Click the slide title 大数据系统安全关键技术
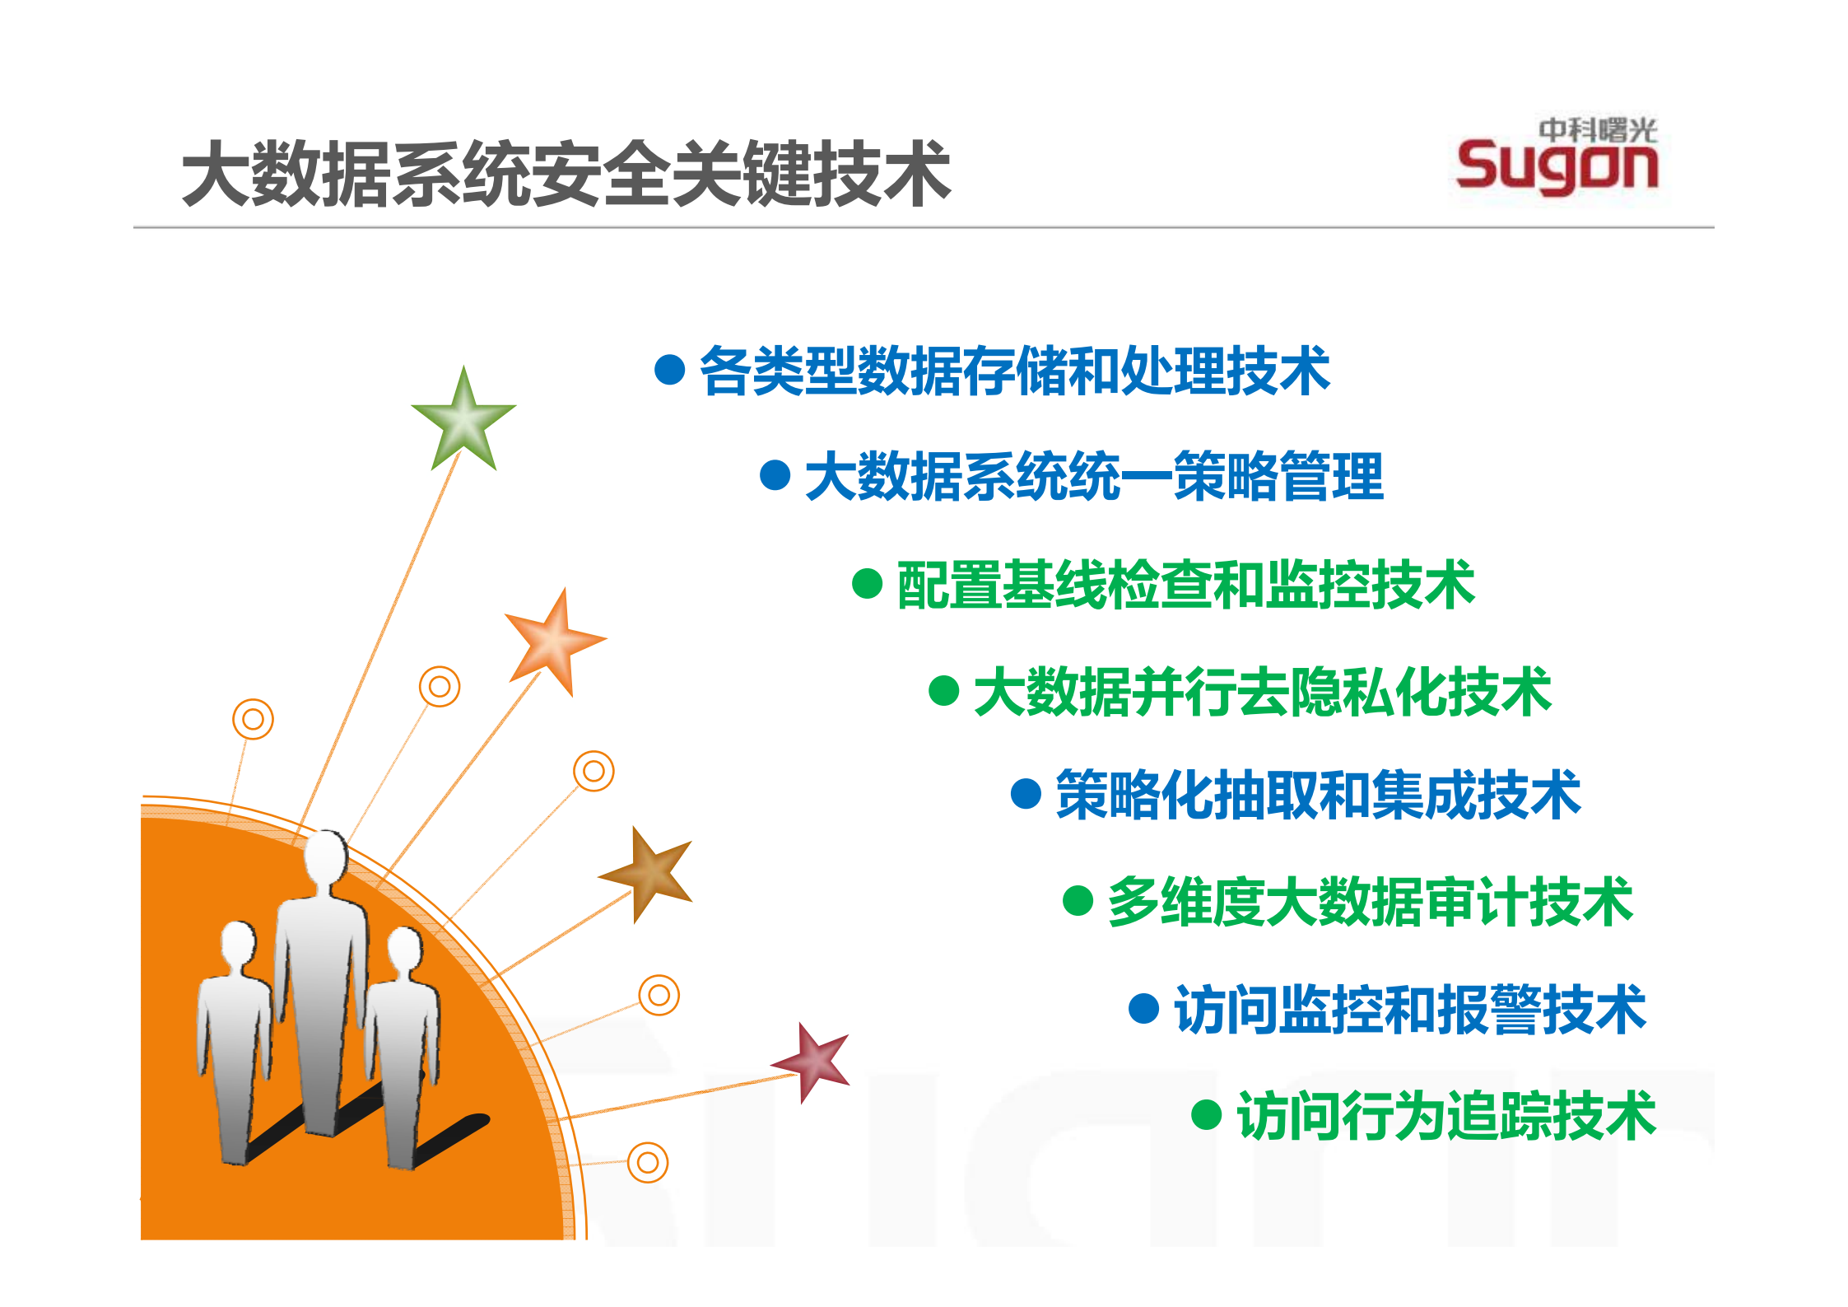point(566,173)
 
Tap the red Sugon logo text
point(1556,167)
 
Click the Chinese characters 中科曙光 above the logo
point(1597,129)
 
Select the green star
point(464,420)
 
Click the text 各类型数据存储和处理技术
point(1014,371)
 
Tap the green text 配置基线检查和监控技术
point(1185,585)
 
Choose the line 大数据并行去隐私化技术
point(1262,692)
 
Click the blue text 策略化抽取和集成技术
point(1318,795)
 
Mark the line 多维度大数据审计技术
point(1370,902)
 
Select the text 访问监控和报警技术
point(1409,1009)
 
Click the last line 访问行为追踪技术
point(1446,1116)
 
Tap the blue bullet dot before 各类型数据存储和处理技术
point(670,370)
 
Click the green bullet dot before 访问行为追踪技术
point(1206,1115)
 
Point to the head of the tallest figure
point(326,857)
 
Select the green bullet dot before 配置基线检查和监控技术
point(867,584)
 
